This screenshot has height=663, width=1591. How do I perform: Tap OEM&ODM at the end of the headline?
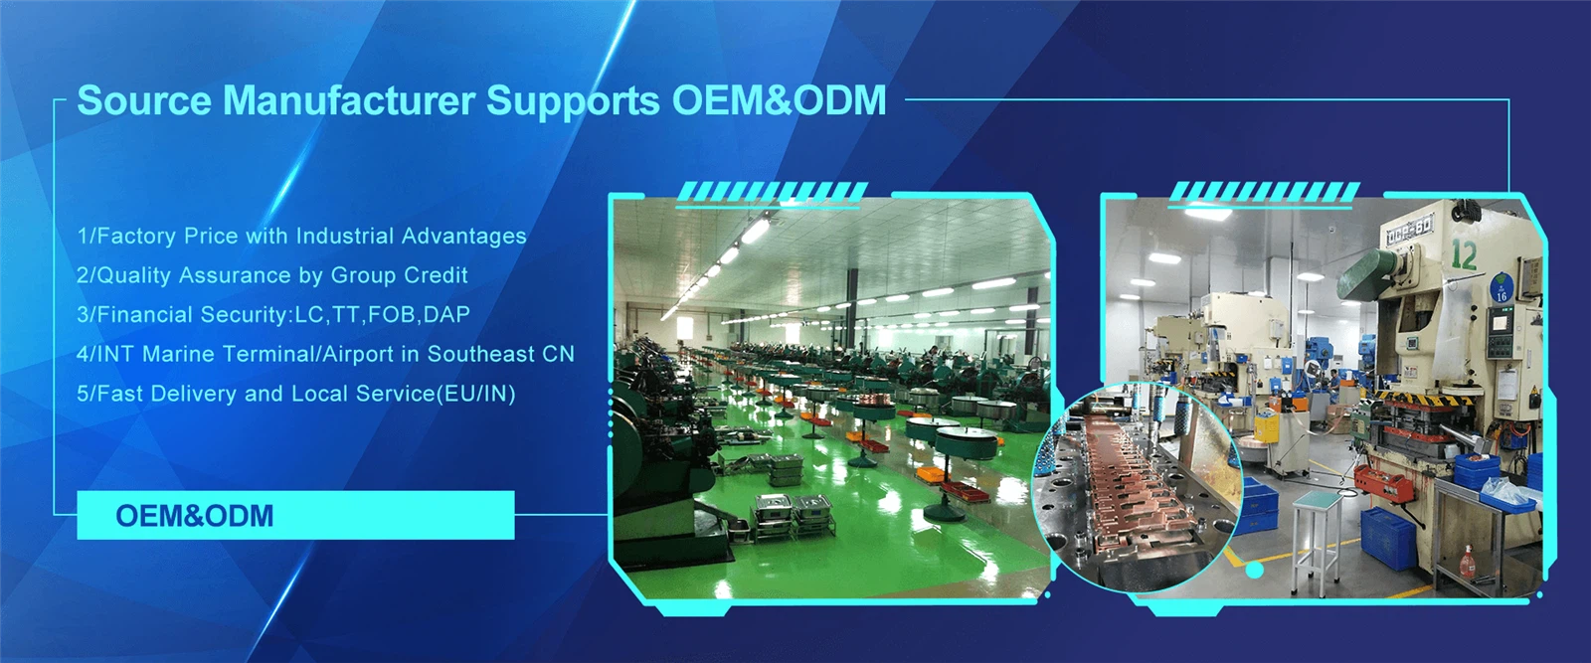[x=779, y=100]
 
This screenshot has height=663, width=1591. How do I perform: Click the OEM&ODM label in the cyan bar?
[x=194, y=516]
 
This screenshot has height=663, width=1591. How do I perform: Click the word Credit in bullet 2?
[x=435, y=275]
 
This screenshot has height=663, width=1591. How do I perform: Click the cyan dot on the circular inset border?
[x=1254, y=571]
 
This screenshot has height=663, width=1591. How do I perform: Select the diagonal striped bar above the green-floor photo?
[x=772, y=193]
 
